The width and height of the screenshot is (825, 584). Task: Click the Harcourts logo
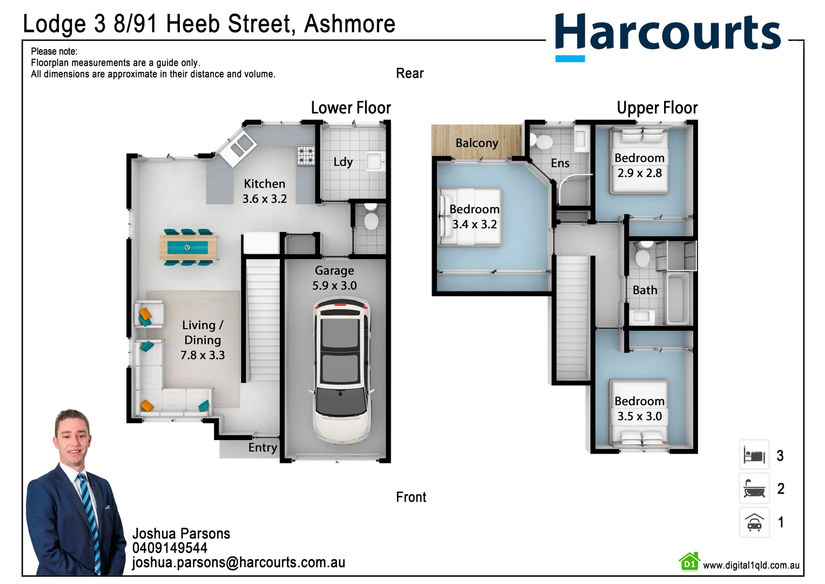click(668, 34)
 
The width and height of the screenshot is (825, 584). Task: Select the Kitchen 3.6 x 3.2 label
click(264, 191)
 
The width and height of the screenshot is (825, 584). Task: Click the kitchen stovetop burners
click(306, 155)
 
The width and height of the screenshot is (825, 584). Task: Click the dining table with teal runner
click(188, 248)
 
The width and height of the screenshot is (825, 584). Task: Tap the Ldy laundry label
click(343, 162)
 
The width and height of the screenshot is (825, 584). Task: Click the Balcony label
click(477, 143)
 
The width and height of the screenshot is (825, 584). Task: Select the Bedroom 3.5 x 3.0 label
click(640, 409)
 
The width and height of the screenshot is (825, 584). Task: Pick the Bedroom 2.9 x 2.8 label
click(640, 165)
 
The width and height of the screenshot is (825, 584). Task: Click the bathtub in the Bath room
click(678, 298)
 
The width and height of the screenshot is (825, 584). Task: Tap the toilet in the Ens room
click(542, 142)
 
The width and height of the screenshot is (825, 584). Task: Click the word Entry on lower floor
click(263, 448)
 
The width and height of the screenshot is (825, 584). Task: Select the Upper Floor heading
click(657, 108)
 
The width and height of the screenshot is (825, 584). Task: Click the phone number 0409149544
click(170, 548)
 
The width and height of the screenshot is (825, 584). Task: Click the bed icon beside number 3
click(754, 455)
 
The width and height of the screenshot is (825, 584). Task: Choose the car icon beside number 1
click(754, 522)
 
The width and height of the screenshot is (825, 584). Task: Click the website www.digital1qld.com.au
click(751, 565)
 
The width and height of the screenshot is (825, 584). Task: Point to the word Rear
click(410, 74)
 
